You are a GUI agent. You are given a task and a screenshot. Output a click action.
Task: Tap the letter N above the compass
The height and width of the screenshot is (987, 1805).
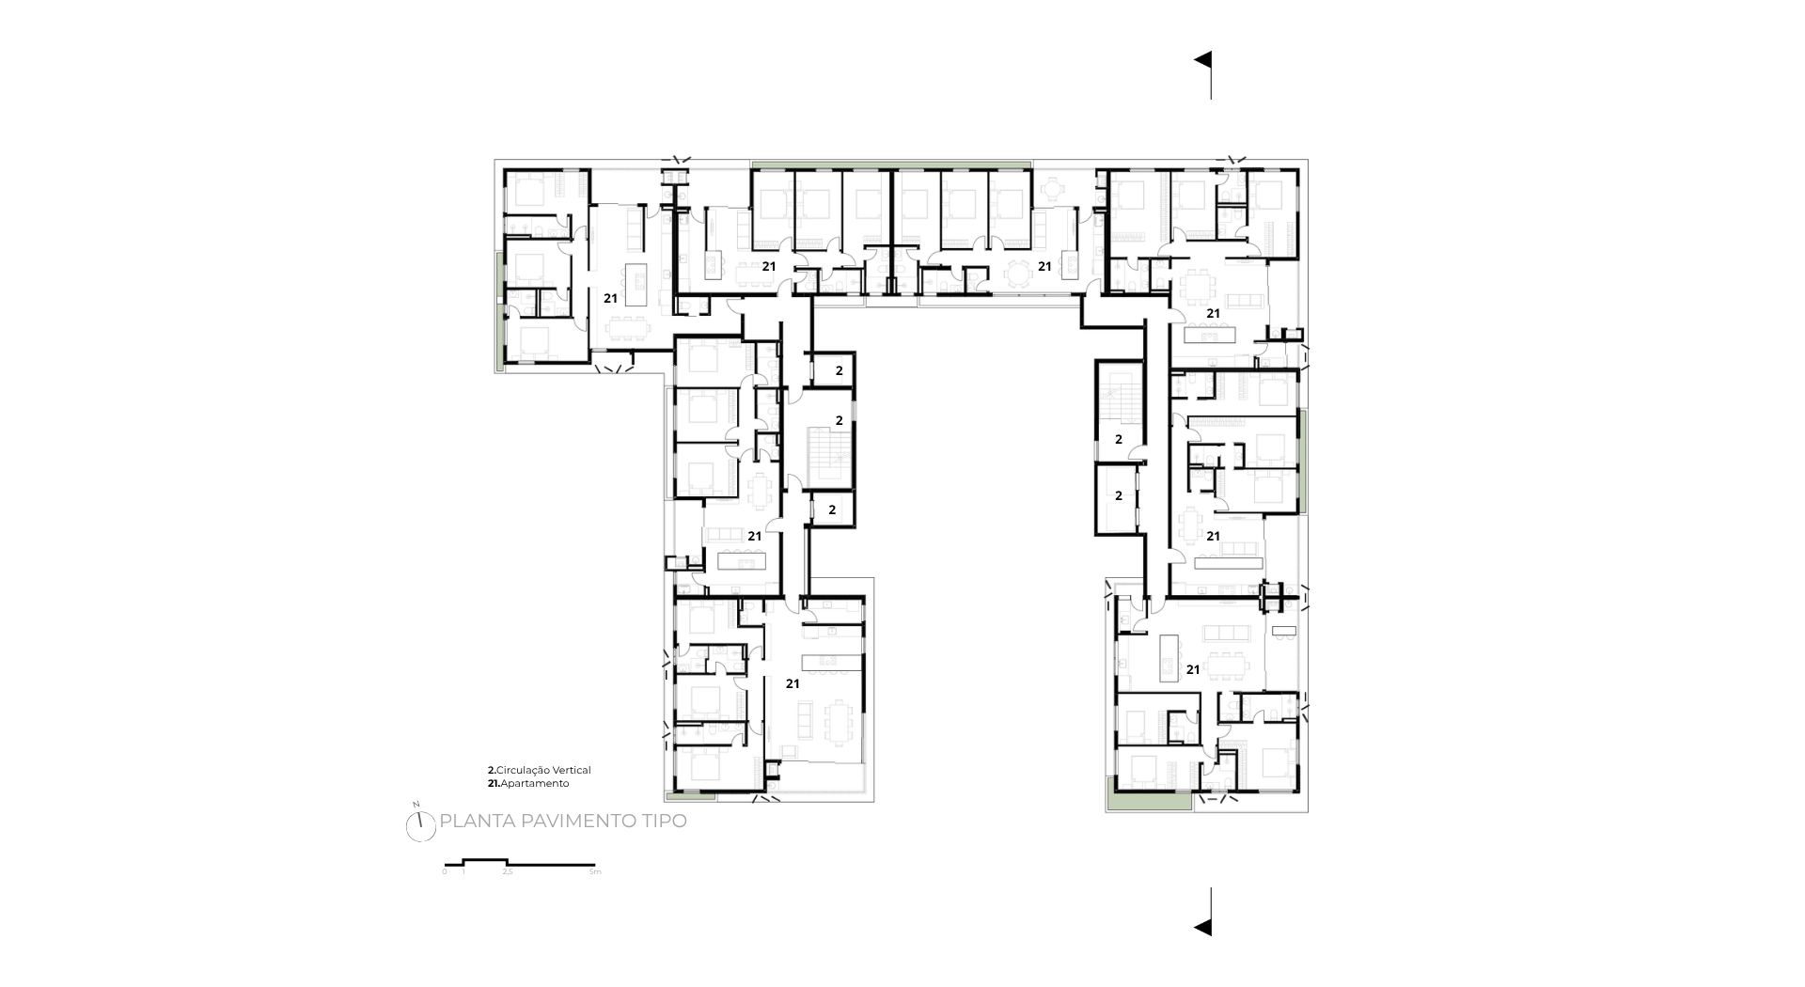point(415,805)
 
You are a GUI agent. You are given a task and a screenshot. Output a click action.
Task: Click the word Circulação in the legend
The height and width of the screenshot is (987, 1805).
point(524,771)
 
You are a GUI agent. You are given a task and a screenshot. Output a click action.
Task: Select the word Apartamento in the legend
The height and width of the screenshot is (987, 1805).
point(535,783)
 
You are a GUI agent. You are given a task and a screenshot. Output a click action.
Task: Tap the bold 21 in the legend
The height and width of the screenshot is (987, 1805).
point(492,783)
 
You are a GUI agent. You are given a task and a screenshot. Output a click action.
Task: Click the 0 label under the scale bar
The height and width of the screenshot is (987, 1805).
point(445,872)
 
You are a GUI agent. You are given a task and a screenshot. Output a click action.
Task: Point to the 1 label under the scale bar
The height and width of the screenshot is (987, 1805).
point(463,872)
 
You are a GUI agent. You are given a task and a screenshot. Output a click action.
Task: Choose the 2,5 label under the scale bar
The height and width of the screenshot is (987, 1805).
point(508,872)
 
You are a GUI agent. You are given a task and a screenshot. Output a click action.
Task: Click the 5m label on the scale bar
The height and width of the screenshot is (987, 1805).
point(594,872)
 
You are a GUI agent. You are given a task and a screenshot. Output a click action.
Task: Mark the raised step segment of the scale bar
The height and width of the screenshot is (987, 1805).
point(485,860)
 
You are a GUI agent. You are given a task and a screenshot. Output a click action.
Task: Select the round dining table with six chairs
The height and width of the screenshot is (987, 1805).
point(1017,274)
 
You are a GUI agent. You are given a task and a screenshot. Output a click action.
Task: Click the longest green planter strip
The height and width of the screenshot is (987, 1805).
point(890,164)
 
